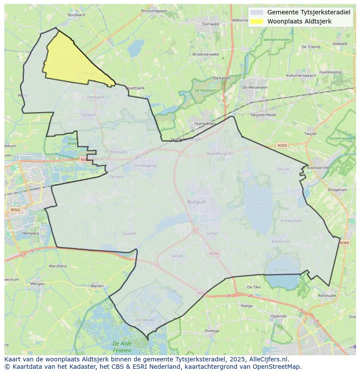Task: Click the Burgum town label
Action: [197, 202]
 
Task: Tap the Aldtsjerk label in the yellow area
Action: [89, 73]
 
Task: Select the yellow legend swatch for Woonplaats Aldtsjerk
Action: [257, 21]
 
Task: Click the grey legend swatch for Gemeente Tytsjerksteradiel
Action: [257, 12]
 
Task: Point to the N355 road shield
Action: [282, 146]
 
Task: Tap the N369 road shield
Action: [344, 243]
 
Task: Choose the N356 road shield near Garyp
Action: [214, 254]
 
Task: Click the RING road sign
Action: [15, 210]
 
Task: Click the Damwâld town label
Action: [211, 24]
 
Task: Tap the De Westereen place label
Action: [255, 87]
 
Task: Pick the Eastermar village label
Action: [280, 241]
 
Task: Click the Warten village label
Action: [97, 286]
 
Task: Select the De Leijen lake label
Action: [282, 270]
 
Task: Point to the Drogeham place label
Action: [337, 190]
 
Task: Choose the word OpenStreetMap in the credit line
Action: [279, 367]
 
